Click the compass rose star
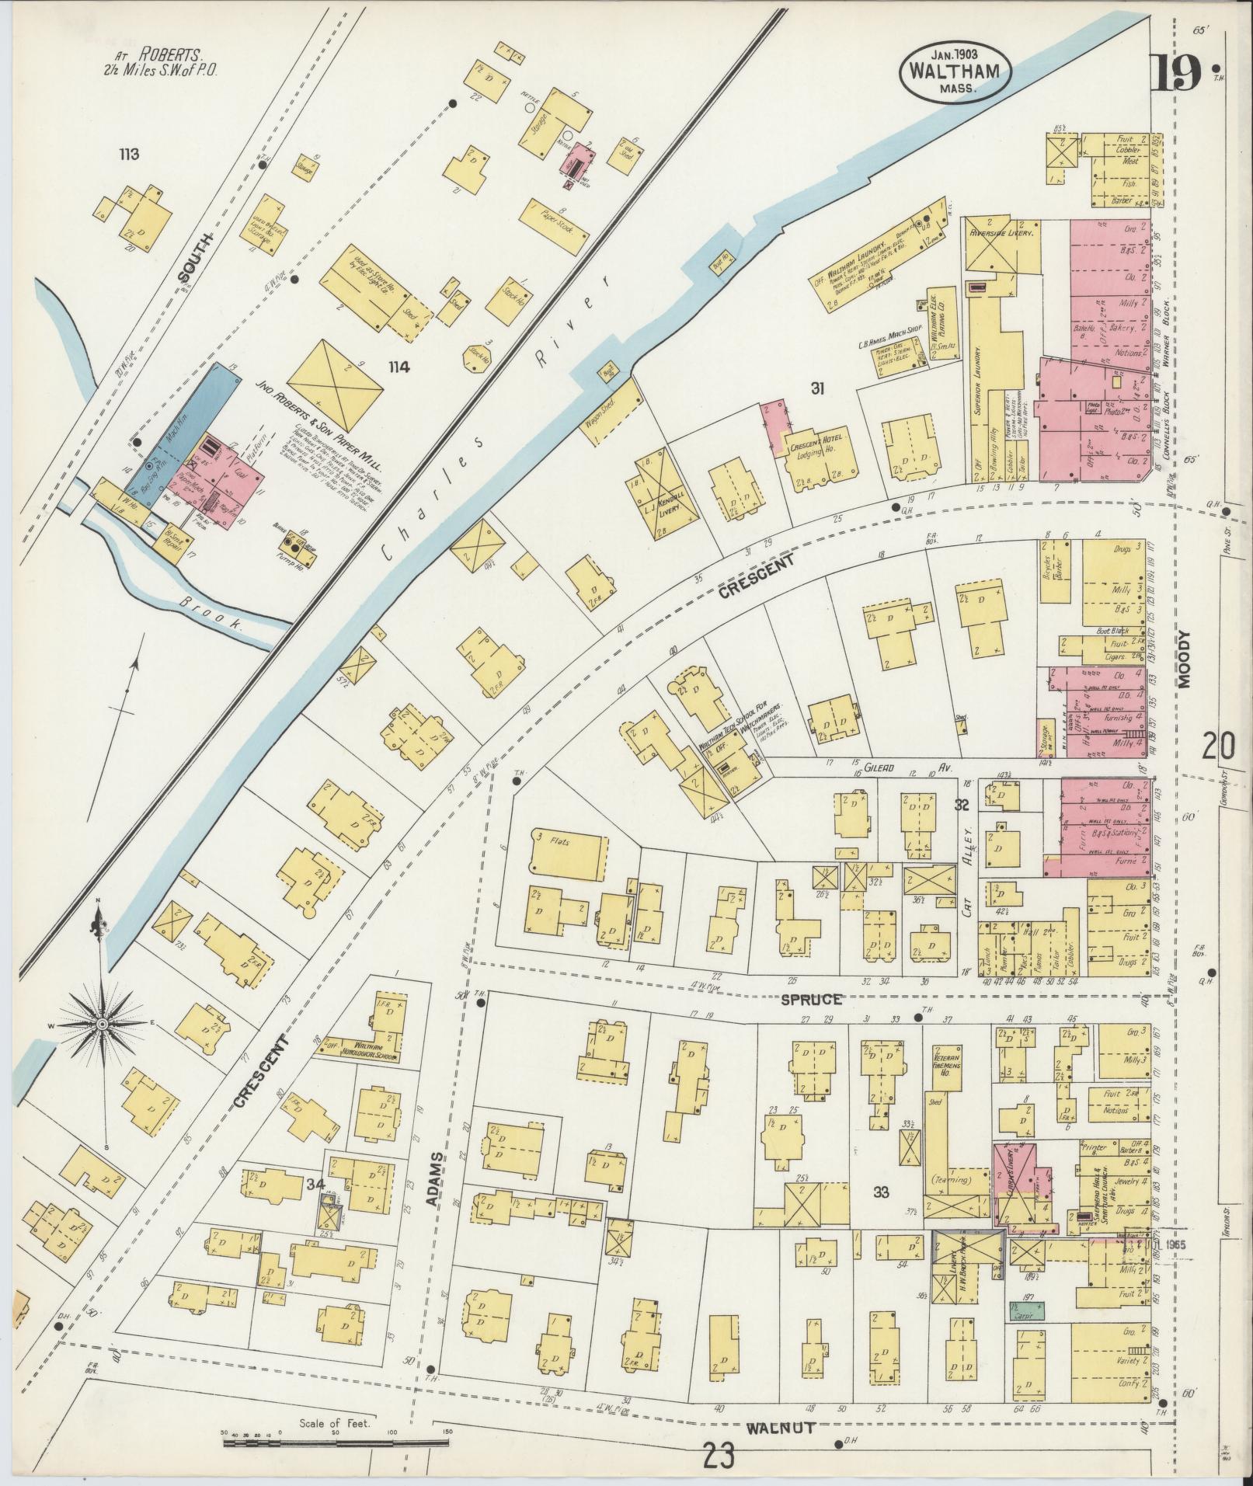click(x=102, y=1026)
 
